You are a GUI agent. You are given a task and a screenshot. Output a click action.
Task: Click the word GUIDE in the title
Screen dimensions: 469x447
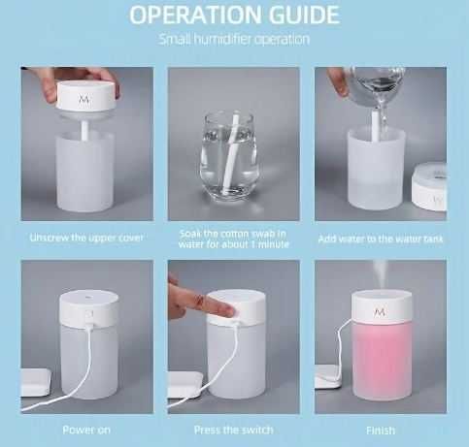coord(305,15)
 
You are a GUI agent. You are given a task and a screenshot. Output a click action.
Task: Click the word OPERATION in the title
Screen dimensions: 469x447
coord(195,15)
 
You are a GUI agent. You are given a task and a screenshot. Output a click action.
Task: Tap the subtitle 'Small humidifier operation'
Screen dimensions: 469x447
coord(234,39)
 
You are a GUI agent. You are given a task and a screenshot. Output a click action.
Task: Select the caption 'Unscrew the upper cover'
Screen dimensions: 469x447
coord(86,238)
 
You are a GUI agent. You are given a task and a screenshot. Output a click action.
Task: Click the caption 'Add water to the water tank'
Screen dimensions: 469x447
coord(381,239)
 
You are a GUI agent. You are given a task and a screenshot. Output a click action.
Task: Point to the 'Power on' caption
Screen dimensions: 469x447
coord(86,430)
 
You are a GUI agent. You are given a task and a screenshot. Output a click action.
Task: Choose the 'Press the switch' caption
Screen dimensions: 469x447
coord(234,430)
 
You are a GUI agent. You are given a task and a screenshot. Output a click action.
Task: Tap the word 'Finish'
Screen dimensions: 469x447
coord(381,431)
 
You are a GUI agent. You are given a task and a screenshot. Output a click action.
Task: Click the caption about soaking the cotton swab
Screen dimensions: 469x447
coord(234,239)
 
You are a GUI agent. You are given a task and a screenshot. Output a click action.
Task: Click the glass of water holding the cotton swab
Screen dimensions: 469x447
coord(229,156)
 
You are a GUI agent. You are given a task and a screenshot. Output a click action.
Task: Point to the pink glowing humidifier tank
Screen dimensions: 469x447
coord(382,361)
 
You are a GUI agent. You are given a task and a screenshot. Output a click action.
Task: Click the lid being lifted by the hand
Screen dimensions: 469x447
coord(86,96)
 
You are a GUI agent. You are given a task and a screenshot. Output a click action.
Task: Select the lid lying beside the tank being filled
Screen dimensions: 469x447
coord(430,187)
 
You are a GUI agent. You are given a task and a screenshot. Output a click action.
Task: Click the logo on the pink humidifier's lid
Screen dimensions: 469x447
coord(380,312)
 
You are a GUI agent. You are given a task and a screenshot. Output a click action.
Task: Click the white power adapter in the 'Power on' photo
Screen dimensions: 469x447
coord(36,382)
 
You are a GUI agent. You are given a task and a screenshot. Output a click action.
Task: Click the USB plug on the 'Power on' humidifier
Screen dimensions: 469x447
coord(90,318)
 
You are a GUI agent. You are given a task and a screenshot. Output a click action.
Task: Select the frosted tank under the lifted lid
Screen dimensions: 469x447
coord(85,172)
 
